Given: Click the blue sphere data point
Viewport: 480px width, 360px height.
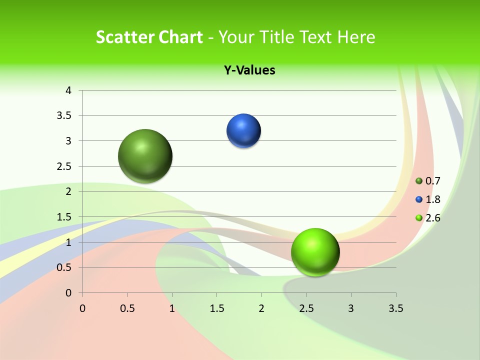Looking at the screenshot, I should pos(243,131).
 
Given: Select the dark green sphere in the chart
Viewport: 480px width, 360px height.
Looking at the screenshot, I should pos(145,156).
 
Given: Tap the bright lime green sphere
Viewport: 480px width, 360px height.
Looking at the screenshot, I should pos(315,252).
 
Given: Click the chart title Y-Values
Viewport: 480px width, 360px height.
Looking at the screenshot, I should pos(249,70).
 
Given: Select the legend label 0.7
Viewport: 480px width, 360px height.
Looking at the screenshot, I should pos(433,181).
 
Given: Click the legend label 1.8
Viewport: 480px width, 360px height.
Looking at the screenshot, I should pos(433,199).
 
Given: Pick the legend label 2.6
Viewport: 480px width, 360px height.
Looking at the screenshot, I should pos(433,218).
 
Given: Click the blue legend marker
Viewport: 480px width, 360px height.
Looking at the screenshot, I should pos(419,199).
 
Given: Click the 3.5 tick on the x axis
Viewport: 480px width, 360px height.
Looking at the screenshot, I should pos(395,308).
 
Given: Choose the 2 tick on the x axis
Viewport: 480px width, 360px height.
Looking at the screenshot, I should pos(261,308).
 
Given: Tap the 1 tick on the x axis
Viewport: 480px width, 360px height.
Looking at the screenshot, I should pos(172,308).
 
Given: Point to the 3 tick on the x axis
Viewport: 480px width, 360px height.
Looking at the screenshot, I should pos(351,308).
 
